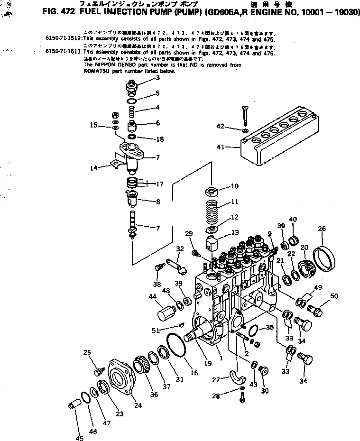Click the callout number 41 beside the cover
coord(220,147)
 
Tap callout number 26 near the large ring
coord(322,229)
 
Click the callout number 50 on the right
coord(334,296)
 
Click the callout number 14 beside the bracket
coord(94,167)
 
